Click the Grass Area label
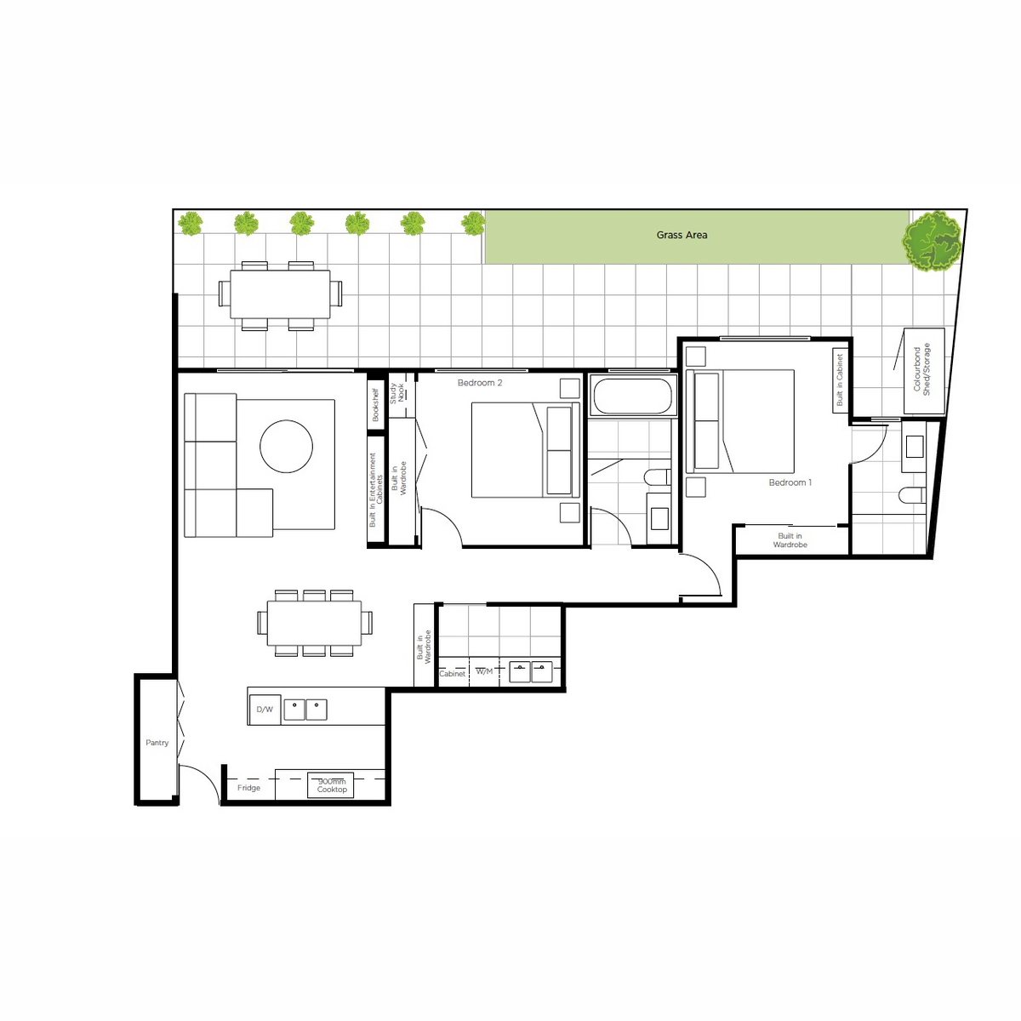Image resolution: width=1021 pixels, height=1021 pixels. (x=682, y=235)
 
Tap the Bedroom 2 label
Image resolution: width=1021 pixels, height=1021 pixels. (x=480, y=383)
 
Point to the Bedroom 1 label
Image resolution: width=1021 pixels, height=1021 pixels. (x=790, y=482)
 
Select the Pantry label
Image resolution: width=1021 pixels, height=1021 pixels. (x=157, y=742)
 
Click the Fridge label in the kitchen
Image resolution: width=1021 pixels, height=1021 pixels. (x=248, y=787)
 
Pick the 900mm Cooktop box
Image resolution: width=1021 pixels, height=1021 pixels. (x=331, y=785)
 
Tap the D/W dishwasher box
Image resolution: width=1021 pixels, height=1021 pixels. (x=265, y=710)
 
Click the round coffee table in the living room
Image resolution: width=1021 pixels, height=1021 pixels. (x=286, y=446)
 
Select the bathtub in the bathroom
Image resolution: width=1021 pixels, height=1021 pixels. (x=633, y=396)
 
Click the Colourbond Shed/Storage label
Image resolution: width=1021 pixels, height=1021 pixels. (x=921, y=369)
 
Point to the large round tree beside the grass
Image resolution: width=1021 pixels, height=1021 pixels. (x=933, y=242)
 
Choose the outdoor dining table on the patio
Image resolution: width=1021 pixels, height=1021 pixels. (x=280, y=294)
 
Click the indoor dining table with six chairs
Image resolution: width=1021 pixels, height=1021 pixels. (x=314, y=623)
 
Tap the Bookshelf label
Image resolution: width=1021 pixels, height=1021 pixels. (x=375, y=405)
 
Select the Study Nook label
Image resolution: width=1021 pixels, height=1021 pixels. (x=396, y=393)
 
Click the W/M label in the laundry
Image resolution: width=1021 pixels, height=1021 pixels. (x=484, y=671)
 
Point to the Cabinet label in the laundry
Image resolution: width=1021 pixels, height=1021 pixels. (x=452, y=673)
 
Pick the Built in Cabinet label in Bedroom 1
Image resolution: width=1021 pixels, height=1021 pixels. (x=839, y=379)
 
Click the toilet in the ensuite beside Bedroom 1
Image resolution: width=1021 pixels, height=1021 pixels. (x=912, y=495)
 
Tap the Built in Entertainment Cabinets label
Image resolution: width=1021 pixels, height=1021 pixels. (x=376, y=489)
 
